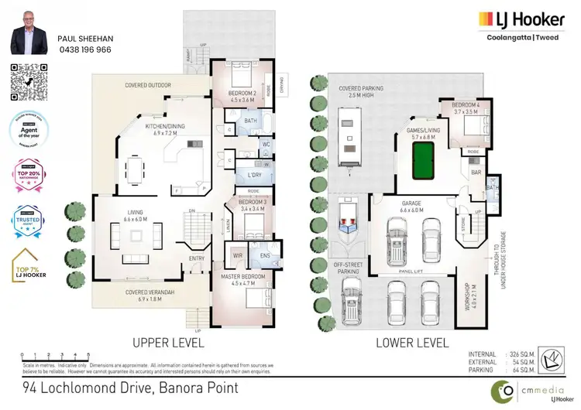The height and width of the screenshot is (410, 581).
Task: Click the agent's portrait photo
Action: pyautogui.click(x=29, y=33)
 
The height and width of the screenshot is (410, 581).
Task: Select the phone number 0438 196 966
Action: pyautogui.click(x=84, y=48)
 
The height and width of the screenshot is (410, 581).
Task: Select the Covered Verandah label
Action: pyautogui.click(x=147, y=292)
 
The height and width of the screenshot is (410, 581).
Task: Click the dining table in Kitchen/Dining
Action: pyautogui.click(x=136, y=166)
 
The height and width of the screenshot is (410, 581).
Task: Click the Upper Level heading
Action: pyautogui.click(x=167, y=341)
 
